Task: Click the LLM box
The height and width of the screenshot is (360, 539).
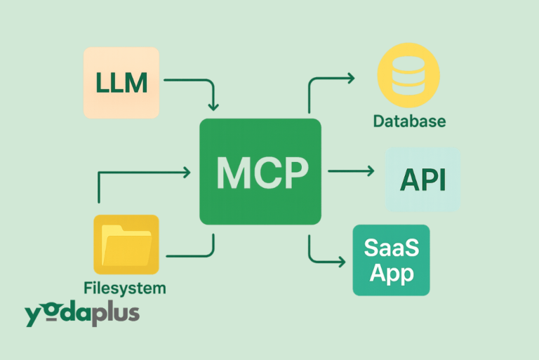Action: pyautogui.click(x=121, y=82)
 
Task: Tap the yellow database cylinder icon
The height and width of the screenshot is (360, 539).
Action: pyautogui.click(x=408, y=75)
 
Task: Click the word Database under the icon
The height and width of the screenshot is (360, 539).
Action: pyautogui.click(x=409, y=121)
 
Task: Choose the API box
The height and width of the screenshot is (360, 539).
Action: pyautogui.click(x=423, y=180)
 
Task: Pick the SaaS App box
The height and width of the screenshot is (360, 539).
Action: pyautogui.click(x=391, y=260)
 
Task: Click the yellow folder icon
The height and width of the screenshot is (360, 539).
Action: pyautogui.click(x=126, y=244)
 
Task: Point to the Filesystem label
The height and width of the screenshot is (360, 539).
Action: pyautogui.click(x=125, y=288)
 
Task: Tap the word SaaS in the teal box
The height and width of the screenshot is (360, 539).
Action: pyautogui.click(x=392, y=248)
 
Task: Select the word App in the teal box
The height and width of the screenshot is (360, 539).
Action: pyautogui.click(x=392, y=273)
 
